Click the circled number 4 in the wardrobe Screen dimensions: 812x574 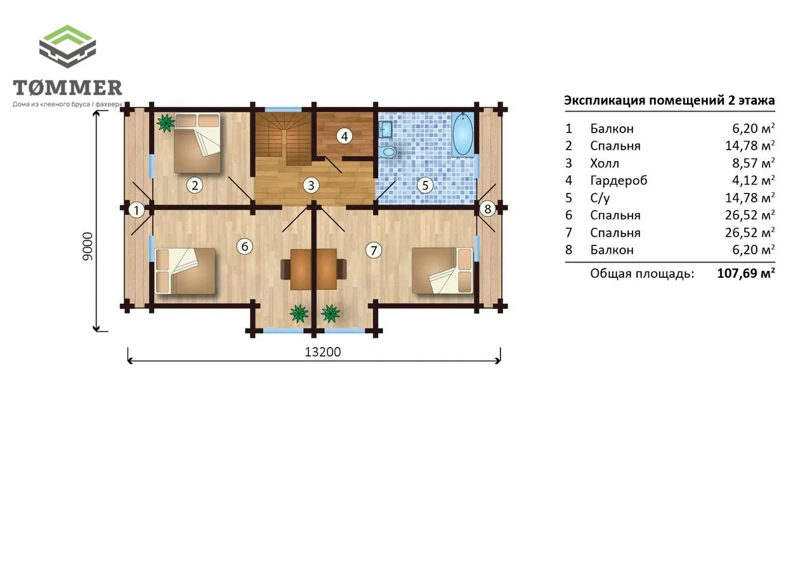tap(344, 136)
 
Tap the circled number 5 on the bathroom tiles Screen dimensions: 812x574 tap(425, 186)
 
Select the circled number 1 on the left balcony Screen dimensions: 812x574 tap(136, 210)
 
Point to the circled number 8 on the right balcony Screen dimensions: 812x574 tap(488, 209)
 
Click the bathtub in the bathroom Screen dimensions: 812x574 tap(463, 134)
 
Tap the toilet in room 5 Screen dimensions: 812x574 tap(388, 152)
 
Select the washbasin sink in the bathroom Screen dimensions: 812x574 tap(386, 129)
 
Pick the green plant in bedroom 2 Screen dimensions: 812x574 tap(166, 123)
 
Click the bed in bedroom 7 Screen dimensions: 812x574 tap(443, 270)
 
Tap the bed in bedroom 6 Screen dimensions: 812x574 tap(185, 271)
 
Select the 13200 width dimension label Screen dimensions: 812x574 tap(323, 352)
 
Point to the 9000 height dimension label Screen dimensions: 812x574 tap(88, 247)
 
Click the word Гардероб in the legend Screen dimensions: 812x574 tap(619, 181)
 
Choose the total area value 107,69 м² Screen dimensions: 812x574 tap(746, 273)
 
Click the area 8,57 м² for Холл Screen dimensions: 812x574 tap(753, 164)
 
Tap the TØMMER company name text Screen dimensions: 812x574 tap(67, 88)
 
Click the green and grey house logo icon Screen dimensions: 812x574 tap(67, 46)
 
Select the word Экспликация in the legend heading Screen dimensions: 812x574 tap(605, 100)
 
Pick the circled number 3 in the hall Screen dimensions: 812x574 tap(311, 186)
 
